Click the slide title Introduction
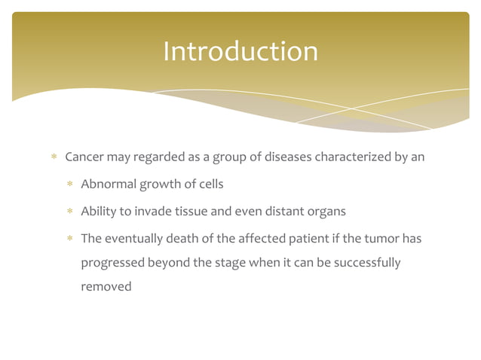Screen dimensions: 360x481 pos(240,51)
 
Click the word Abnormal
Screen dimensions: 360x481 pos(108,185)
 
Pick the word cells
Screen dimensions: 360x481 pos(209,185)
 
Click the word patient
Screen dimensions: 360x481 pos(305,239)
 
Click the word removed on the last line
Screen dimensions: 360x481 pos(106,287)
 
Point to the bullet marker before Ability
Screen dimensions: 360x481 pos(69,212)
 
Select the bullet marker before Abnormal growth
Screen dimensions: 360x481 pos(69,185)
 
